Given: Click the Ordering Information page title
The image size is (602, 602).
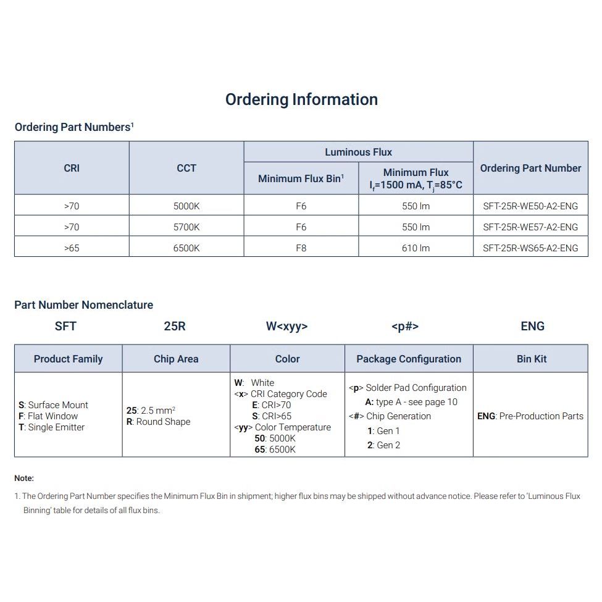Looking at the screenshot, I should (x=301, y=99).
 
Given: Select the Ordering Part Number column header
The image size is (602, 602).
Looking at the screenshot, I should (x=530, y=168).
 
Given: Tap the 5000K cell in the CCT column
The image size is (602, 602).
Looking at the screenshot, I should (x=186, y=206).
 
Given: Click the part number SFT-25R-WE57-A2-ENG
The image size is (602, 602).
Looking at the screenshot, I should (x=530, y=227).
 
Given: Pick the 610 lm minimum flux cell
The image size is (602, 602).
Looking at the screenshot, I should (x=416, y=248).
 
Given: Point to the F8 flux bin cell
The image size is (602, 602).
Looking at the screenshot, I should (x=301, y=248).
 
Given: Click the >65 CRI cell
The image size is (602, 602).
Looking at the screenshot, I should (x=72, y=248).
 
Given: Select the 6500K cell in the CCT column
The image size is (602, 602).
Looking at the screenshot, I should (x=186, y=248).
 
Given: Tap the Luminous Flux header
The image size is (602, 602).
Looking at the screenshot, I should (x=358, y=152).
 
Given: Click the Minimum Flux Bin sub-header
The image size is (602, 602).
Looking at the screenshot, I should (x=301, y=178).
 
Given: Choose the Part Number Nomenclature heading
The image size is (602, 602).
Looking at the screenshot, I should (x=83, y=305).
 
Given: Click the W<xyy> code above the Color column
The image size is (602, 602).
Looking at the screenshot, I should (x=286, y=326).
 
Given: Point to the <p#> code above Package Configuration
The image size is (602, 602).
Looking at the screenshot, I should (x=405, y=326).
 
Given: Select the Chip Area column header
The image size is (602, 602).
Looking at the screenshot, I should (x=176, y=359).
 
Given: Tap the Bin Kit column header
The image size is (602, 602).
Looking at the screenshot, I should (x=532, y=359).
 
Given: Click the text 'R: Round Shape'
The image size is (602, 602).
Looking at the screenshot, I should (x=159, y=422).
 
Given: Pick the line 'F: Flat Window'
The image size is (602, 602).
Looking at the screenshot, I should (x=49, y=416).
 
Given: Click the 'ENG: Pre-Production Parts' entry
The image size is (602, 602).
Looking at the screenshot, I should (x=530, y=416).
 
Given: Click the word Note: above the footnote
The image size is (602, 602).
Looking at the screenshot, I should (x=24, y=478).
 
